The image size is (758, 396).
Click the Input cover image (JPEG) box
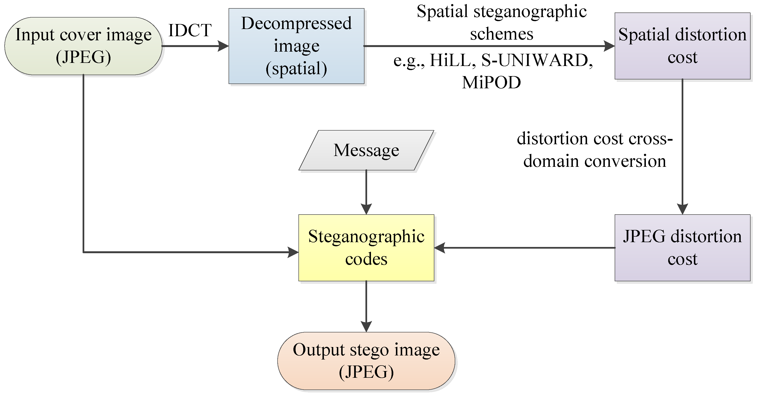point(83,46)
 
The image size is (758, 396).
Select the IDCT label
point(190,30)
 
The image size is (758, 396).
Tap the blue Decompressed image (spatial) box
point(296,46)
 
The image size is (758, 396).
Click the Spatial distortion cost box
point(682,46)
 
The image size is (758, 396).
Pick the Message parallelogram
point(366,150)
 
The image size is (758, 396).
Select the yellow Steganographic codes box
point(366,247)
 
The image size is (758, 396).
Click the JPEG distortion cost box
point(682,247)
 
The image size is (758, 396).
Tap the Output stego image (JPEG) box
point(366,361)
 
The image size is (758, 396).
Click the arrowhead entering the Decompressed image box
point(224,46)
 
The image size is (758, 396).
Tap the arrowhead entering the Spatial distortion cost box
point(609,46)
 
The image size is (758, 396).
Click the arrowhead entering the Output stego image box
point(366,327)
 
